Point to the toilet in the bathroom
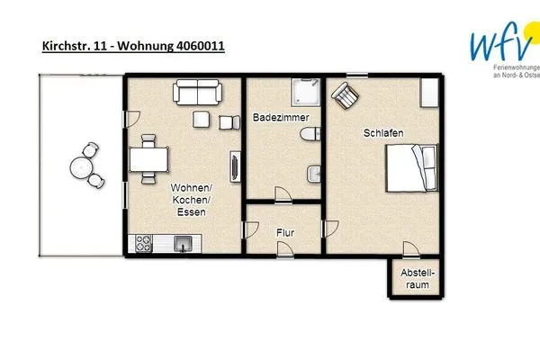pos(310,135)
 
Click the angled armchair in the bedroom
pos(346,94)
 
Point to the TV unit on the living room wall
pos(235,167)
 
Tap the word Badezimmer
pos(274,117)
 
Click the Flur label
pos(284,232)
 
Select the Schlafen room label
pos(382,133)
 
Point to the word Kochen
pos(190,200)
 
